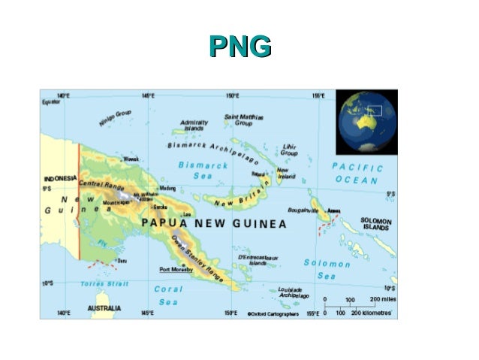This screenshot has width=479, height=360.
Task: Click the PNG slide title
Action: (x=239, y=47)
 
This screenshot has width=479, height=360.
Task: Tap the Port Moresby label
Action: (x=176, y=269)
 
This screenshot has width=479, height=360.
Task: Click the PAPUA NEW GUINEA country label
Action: (x=215, y=224)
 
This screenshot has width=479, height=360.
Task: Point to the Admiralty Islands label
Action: (x=194, y=126)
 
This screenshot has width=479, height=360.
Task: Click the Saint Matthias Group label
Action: (x=244, y=120)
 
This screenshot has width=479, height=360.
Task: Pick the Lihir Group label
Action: (x=289, y=149)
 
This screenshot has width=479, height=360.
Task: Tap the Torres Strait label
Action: (x=105, y=284)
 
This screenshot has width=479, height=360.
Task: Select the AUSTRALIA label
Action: (x=105, y=308)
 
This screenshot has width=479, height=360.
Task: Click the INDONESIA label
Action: (x=60, y=178)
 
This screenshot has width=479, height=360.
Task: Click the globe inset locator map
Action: (x=366, y=121)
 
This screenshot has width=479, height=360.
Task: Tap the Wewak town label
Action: (x=132, y=159)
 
